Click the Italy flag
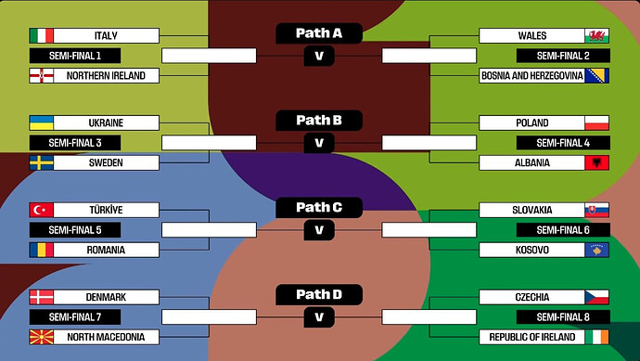pyautogui.click(x=42, y=35)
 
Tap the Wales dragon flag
pyautogui.click(x=596, y=35)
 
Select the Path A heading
pyautogui.click(x=319, y=33)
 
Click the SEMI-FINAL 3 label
pyautogui.click(x=75, y=143)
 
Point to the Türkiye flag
pyautogui.click(x=42, y=210)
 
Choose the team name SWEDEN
pyautogui.click(x=106, y=163)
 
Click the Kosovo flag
pyautogui.click(x=596, y=250)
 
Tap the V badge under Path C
pyautogui.click(x=319, y=230)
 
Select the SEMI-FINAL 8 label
pyautogui.click(x=563, y=317)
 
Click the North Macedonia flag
pyautogui.click(x=42, y=337)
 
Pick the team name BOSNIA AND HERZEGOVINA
pyautogui.click(x=531, y=76)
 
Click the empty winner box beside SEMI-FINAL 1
pyautogui.click(x=209, y=56)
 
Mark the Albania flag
pyautogui.click(x=596, y=163)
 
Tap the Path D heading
pyautogui.click(x=319, y=294)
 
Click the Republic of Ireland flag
pyautogui.click(x=596, y=337)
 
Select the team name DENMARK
pyautogui.click(x=106, y=297)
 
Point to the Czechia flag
pyautogui.click(x=596, y=297)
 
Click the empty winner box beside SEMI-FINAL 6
pyautogui.click(x=429, y=230)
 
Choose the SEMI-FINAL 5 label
pyautogui.click(x=75, y=230)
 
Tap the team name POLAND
pyautogui.click(x=531, y=122)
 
